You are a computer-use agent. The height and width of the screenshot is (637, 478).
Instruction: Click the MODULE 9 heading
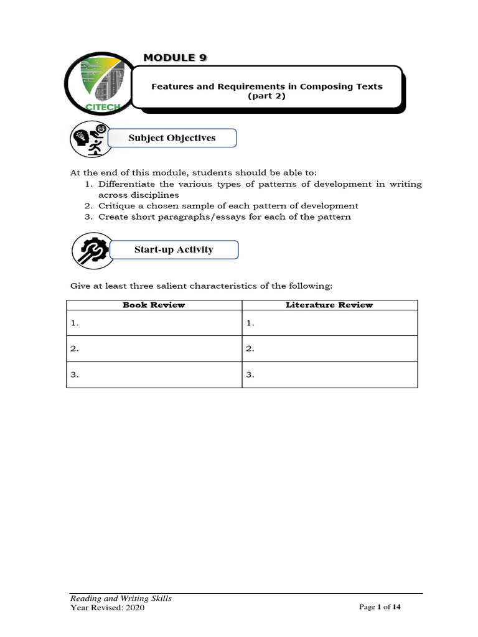(175, 58)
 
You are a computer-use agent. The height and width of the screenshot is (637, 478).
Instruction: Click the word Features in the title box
(172, 86)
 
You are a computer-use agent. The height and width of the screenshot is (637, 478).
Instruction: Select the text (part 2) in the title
(266, 97)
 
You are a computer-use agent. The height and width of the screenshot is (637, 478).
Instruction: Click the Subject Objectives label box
(172, 138)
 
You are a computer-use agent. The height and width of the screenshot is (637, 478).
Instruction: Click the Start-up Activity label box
(174, 250)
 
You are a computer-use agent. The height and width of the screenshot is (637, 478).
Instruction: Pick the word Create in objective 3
(112, 217)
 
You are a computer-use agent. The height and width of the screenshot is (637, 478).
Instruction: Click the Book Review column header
(154, 305)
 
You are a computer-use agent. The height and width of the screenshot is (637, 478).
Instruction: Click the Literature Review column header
(329, 305)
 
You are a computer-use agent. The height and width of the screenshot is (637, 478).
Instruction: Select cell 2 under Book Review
(154, 349)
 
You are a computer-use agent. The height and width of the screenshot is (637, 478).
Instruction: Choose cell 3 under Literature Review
(329, 375)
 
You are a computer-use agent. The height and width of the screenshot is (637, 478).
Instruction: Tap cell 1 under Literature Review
(329, 323)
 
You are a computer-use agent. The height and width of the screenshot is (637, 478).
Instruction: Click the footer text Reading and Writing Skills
(121, 598)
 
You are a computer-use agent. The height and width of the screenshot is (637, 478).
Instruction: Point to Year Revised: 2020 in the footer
(108, 608)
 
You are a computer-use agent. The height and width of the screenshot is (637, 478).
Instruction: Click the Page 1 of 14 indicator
(380, 608)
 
